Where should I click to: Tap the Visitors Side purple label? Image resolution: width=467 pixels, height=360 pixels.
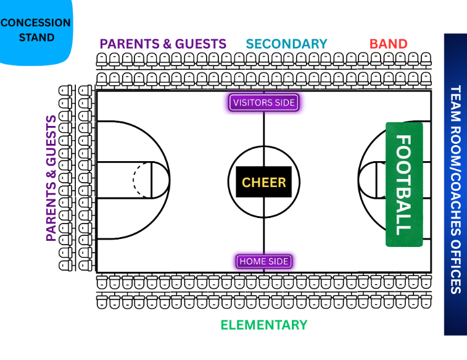pos(264,103)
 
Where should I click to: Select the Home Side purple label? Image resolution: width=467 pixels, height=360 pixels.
pos(264,261)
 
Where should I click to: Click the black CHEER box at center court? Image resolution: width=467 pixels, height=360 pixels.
pos(264,182)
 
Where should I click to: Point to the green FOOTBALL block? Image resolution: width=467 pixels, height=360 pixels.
pos(404,185)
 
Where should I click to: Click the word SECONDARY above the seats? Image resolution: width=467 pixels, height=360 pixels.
pos(286,44)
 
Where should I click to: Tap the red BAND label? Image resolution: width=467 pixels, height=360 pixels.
pos(388,44)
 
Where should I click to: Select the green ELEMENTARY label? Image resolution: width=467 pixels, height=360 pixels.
pos(264,325)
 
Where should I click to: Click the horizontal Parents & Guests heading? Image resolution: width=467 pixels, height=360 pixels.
pos(163,44)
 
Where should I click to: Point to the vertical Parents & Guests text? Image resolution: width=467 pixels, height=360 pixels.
pos(51,178)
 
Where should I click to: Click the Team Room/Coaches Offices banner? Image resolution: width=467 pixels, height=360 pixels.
pos(455,185)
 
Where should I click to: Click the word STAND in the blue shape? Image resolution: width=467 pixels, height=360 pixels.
pos(36,37)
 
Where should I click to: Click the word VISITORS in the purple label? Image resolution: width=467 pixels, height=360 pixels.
pos(251,103)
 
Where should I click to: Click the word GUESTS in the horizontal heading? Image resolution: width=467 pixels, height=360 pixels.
pos(201,44)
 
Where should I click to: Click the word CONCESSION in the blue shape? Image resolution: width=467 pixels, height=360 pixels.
pos(36,23)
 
